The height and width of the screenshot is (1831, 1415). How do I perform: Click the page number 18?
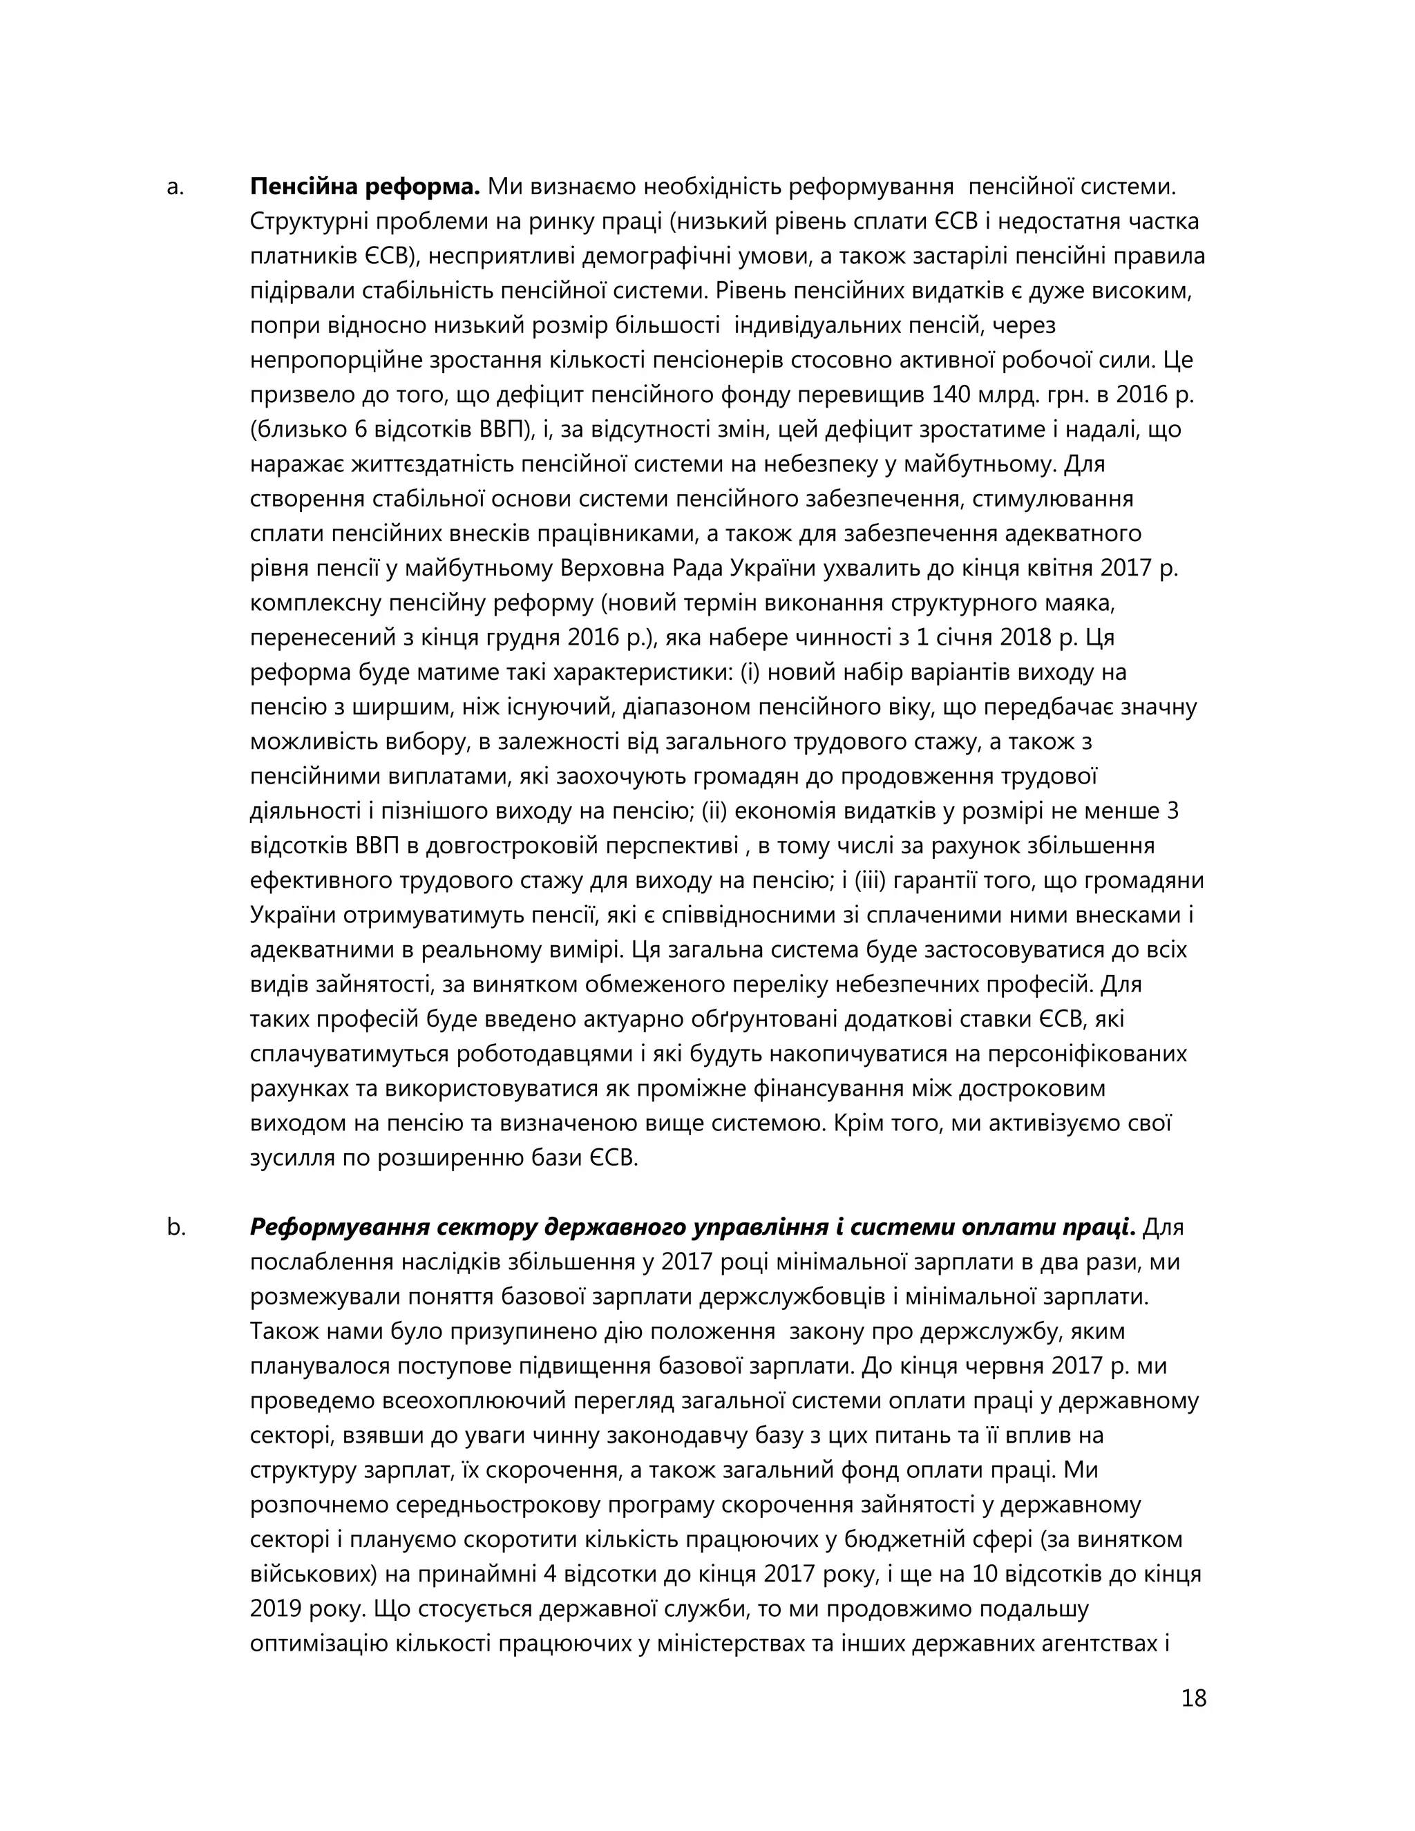1193,1698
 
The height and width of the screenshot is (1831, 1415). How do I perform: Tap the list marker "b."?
175,1227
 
